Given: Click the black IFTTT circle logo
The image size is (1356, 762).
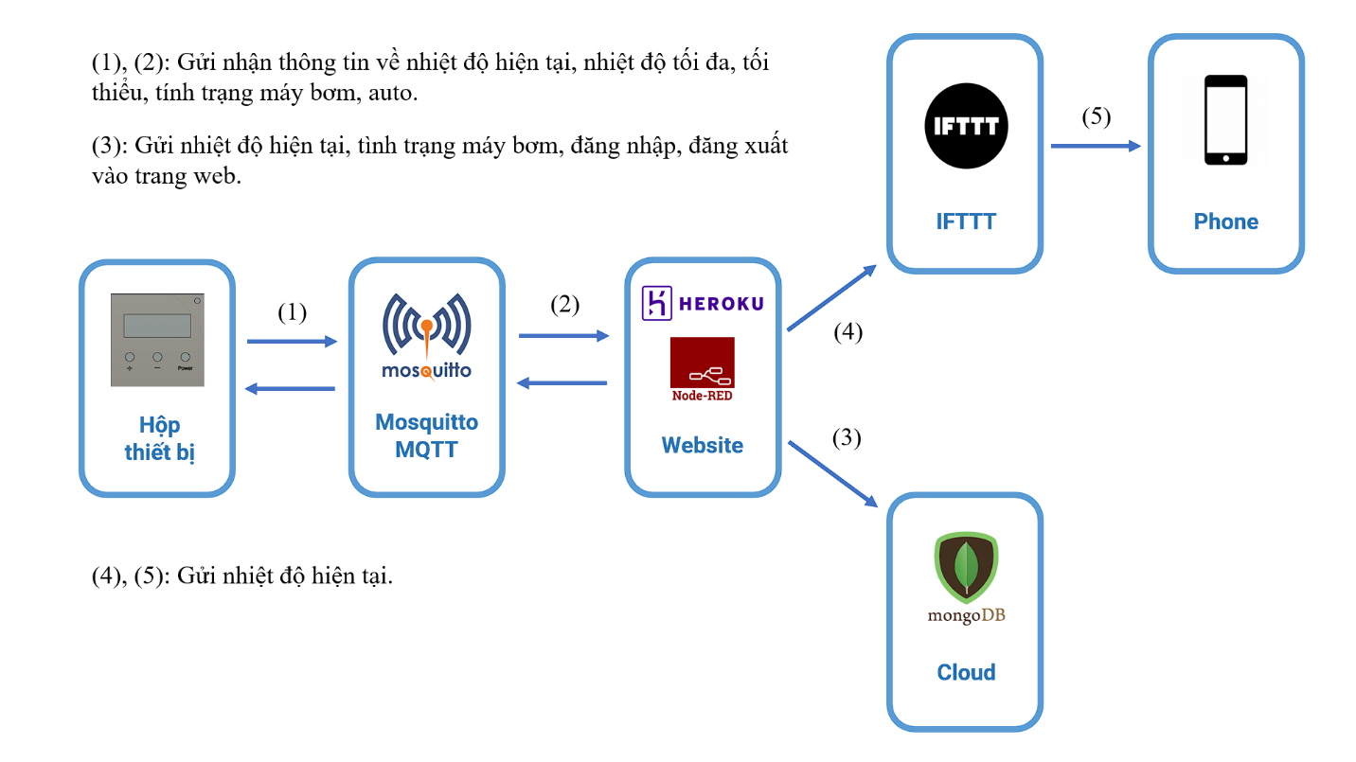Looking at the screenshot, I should (966, 127).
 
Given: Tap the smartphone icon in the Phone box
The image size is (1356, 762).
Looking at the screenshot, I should (1225, 120).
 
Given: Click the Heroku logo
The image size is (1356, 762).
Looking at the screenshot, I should (702, 303).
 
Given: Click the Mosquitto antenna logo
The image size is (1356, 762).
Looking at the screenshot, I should (426, 336).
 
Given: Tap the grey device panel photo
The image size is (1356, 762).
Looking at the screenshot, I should (157, 339).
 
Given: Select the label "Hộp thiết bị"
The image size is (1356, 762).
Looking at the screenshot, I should (158, 438).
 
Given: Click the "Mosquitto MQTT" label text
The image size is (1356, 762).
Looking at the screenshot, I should (426, 435).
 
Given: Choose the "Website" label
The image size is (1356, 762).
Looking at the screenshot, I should (702, 445).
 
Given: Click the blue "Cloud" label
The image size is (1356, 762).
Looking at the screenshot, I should (966, 672).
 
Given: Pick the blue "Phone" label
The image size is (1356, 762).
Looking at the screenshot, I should (1225, 222).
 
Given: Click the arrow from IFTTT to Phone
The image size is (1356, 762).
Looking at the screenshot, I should (1095, 146).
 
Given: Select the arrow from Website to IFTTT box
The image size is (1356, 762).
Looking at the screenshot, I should (832, 298).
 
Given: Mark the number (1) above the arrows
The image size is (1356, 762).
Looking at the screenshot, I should (292, 312).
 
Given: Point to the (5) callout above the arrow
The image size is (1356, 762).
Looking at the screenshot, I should (1096, 116).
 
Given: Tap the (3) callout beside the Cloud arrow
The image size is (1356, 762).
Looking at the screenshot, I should (847, 438).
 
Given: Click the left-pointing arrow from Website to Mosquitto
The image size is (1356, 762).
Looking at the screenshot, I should (562, 382).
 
